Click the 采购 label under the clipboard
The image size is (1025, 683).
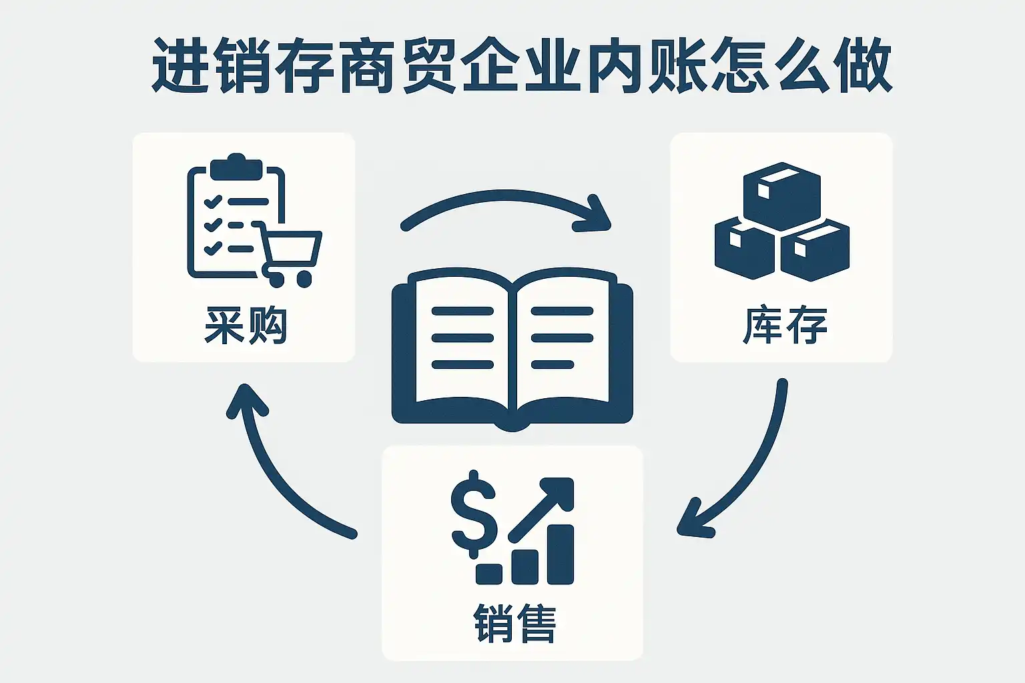tap(245, 325)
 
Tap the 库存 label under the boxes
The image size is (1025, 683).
tap(785, 325)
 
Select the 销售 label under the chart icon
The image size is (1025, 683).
tap(515, 623)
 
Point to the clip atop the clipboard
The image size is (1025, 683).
tap(236, 167)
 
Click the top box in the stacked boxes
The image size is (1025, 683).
tap(781, 193)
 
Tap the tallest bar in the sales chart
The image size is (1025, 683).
tap(561, 554)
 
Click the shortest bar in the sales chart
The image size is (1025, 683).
tap(489, 573)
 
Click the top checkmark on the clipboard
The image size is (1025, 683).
tap(213, 200)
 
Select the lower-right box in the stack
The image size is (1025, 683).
tap(815, 250)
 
